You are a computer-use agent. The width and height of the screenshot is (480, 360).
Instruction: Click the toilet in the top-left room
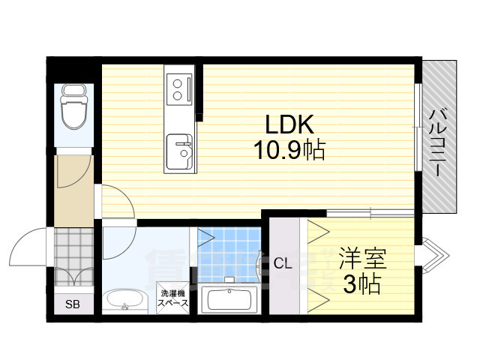tap(73, 106)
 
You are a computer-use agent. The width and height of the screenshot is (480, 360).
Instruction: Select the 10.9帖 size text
tap(287, 152)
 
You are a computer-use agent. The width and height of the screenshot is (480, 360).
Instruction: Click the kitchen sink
tap(180, 151)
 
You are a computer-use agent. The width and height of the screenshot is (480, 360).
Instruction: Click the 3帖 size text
tap(361, 285)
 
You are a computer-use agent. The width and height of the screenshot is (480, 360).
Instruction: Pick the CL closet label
tap(282, 263)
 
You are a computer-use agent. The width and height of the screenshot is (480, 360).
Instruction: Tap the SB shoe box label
tap(72, 304)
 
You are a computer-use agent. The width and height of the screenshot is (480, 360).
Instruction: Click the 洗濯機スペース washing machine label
tap(172, 298)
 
